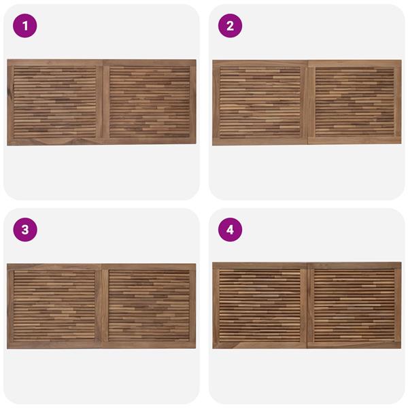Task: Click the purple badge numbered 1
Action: point(25,26)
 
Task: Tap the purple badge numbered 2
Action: point(230,26)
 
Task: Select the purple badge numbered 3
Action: point(25,230)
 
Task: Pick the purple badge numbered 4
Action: point(230,230)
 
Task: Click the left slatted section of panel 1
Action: point(55,102)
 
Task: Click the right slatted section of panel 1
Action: point(150,102)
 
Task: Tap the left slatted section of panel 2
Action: point(260,102)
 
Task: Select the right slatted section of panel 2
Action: point(355,102)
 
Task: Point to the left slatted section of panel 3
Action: point(54,305)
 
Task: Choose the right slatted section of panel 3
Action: point(149,305)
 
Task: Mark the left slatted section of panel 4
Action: point(260,305)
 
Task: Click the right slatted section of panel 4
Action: point(354,305)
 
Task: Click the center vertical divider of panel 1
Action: point(103,102)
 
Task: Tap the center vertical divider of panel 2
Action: point(308,102)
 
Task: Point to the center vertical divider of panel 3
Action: point(102,305)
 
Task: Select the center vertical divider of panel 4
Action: point(307,305)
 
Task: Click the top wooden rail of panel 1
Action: point(101,63)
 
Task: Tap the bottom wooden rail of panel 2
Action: point(307,141)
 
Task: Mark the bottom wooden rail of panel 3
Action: point(101,345)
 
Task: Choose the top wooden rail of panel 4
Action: point(307,266)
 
